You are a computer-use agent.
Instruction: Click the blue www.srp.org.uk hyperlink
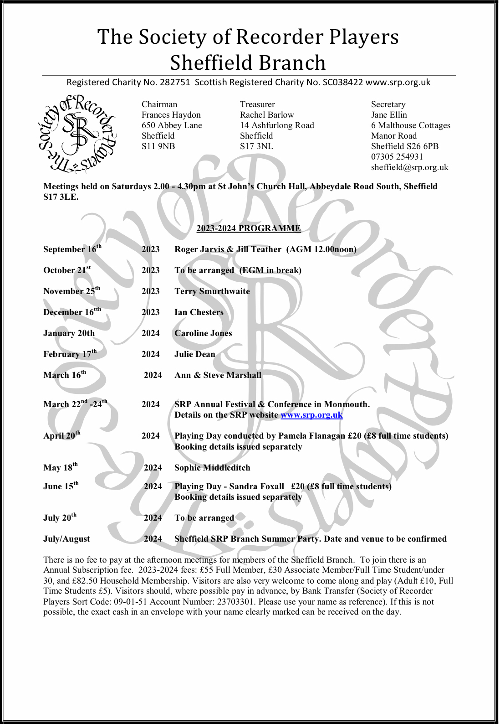point(311,415)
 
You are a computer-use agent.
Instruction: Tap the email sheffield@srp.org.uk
point(409,167)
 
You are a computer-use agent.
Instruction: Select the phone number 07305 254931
point(397,157)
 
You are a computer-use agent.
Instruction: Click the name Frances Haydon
point(171,115)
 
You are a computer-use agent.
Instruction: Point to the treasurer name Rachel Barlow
point(267,115)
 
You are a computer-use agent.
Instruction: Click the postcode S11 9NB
point(158,146)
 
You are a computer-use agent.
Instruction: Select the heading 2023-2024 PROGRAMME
point(249,228)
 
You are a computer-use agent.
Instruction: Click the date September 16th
point(72,249)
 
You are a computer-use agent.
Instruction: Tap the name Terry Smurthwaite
point(212,291)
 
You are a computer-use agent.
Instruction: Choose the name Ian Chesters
point(199,312)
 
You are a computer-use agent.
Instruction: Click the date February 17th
point(70,354)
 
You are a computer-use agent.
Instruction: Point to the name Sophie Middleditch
point(212,468)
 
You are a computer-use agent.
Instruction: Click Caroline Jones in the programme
point(203,333)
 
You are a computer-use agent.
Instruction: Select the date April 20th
point(61,435)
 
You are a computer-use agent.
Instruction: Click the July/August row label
point(66,539)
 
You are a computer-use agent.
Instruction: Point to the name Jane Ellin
point(389,115)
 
